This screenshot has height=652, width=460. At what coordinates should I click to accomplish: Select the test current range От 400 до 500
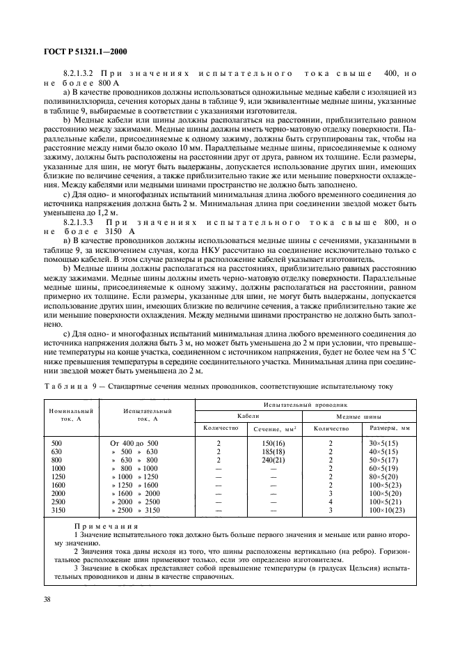(x=134, y=443)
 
